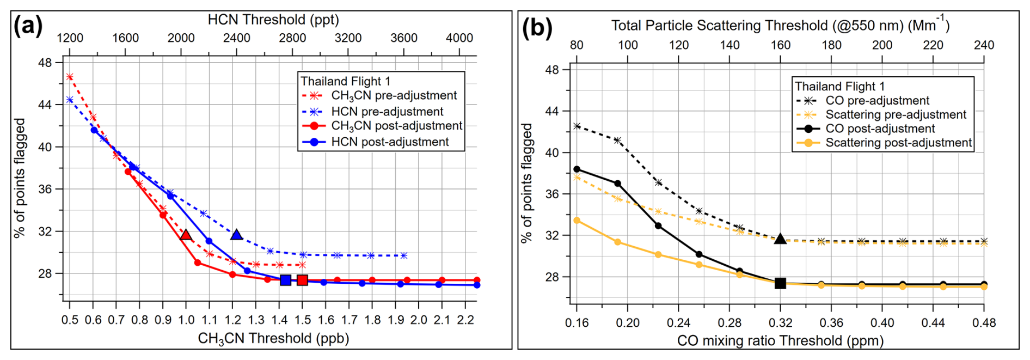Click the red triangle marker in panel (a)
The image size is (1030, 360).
tap(186, 235)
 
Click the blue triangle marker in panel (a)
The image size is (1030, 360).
tap(236, 235)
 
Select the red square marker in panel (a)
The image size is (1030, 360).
tap(303, 280)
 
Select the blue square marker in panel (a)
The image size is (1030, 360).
tap(285, 280)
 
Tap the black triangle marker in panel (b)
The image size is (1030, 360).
tap(780, 239)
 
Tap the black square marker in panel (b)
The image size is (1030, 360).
tap(780, 283)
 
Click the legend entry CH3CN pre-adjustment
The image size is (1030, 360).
tap(394, 96)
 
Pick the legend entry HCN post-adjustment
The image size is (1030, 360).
tap(390, 142)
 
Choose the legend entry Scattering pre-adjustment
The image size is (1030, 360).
tap(896, 115)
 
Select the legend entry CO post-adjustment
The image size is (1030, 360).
tap(880, 129)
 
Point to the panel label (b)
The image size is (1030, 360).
tap(537, 28)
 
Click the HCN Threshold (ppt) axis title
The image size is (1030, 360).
tap(273, 20)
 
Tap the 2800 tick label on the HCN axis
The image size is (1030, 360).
tap(292, 38)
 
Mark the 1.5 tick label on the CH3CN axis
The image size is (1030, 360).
tap(303, 320)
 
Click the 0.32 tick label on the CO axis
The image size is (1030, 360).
tap(780, 323)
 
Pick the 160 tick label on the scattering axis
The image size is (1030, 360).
tap(780, 45)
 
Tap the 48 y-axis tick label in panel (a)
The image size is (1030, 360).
tap(45, 63)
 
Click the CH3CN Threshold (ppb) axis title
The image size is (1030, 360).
tap(273, 339)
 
